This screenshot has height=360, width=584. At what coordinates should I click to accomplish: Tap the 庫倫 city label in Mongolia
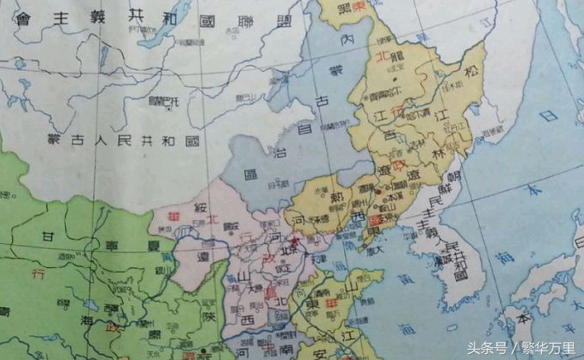pos(163,102)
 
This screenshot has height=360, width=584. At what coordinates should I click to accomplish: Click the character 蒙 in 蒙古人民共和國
pos(55,138)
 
